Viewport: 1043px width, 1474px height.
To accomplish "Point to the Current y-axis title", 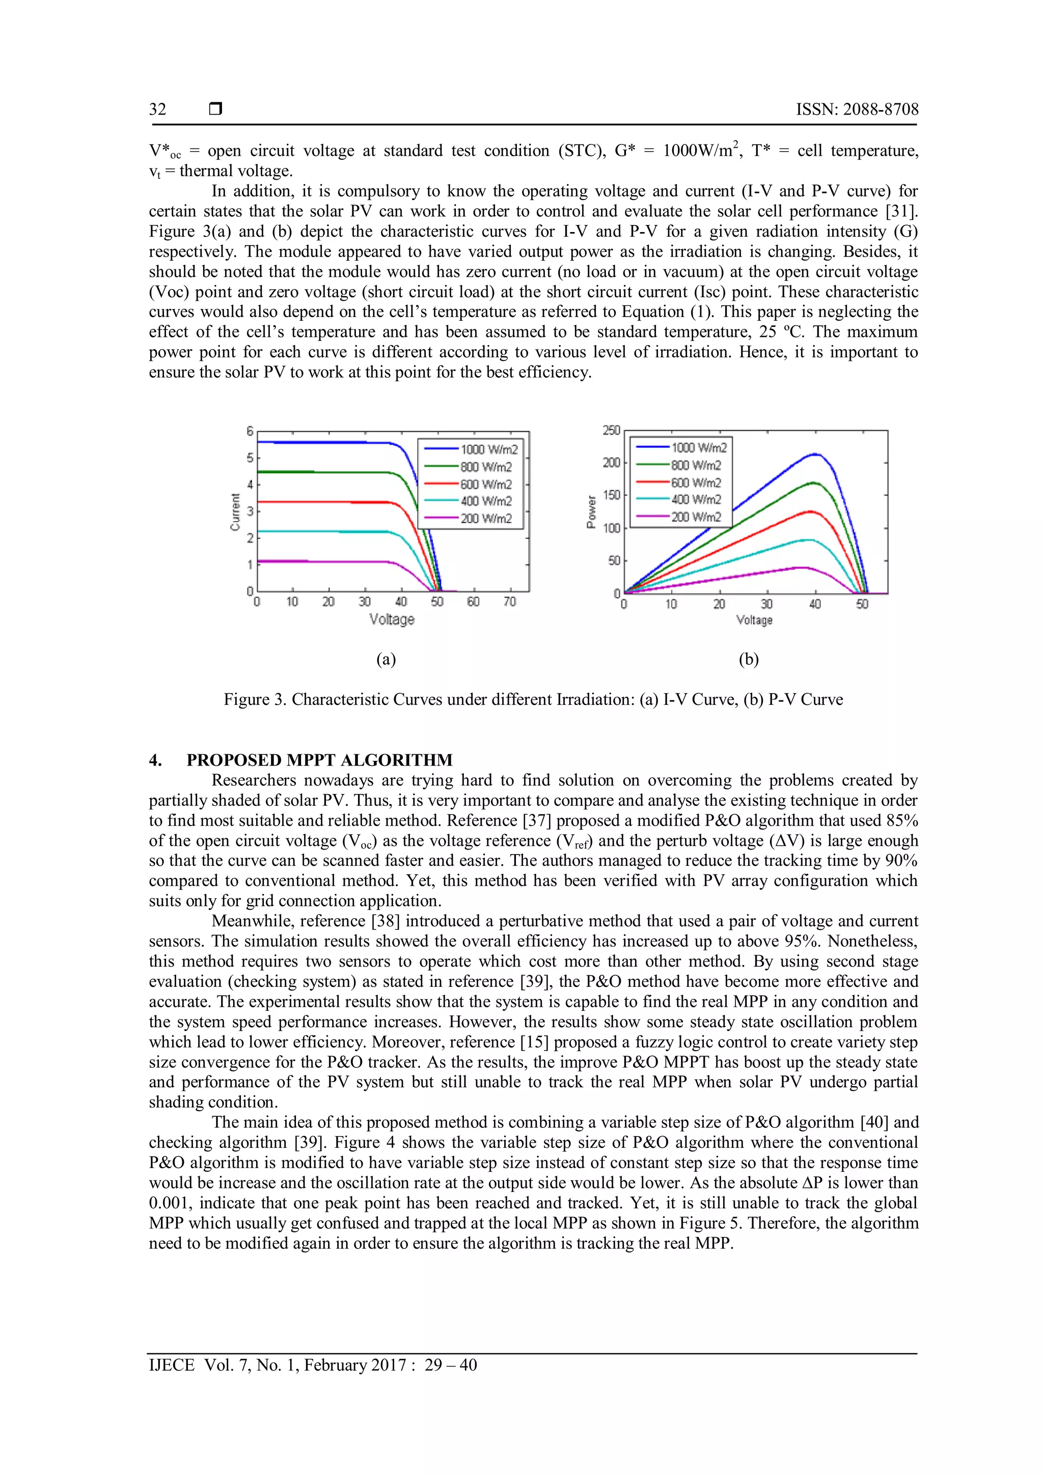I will [x=235, y=511].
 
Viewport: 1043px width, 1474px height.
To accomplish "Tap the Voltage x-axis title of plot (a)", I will [x=391, y=619].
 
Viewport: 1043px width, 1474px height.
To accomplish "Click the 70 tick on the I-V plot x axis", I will [x=509, y=602].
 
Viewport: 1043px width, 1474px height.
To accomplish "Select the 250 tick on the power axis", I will [x=611, y=430].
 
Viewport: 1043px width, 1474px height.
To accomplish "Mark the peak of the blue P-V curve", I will [x=815, y=455].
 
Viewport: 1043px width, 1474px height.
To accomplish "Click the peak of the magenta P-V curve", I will [x=802, y=568].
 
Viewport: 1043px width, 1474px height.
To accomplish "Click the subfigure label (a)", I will [x=386, y=659].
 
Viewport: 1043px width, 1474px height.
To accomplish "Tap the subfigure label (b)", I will [x=748, y=659].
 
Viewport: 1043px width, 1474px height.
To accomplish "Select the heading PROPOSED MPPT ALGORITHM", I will [x=319, y=760].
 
